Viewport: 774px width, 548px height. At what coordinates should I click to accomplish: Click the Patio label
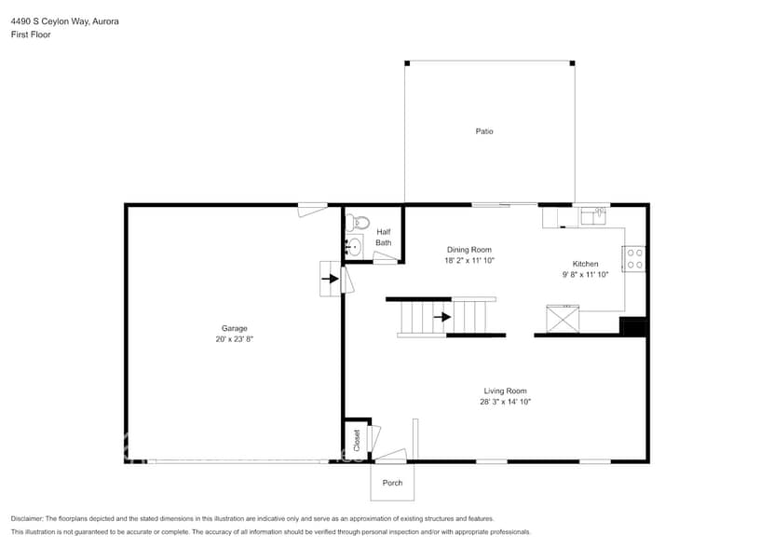(x=484, y=131)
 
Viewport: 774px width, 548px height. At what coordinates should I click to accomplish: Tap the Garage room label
(x=234, y=328)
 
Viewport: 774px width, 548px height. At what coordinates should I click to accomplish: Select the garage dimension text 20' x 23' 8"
(x=234, y=340)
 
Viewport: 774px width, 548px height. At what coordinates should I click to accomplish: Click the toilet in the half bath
(x=357, y=223)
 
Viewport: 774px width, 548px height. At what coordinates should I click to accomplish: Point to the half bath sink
(x=354, y=247)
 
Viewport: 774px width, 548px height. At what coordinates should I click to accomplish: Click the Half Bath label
(x=384, y=238)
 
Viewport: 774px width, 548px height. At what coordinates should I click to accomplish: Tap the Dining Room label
(x=468, y=250)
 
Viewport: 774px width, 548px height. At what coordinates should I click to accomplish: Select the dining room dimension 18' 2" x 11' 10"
(x=468, y=261)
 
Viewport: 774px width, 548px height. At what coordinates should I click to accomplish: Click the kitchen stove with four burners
(x=634, y=258)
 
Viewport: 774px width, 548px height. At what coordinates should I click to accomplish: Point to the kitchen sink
(x=592, y=216)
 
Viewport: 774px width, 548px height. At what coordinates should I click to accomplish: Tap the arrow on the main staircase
(x=443, y=317)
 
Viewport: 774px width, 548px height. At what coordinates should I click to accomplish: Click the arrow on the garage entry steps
(x=329, y=277)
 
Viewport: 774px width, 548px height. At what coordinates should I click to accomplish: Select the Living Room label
(x=506, y=390)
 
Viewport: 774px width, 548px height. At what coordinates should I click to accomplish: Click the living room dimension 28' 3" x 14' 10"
(x=506, y=402)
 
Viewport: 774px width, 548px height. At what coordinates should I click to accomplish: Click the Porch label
(x=392, y=483)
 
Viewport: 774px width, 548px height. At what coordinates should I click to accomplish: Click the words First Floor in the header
(x=31, y=34)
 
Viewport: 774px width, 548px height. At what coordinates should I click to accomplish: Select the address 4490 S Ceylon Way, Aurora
(x=64, y=20)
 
